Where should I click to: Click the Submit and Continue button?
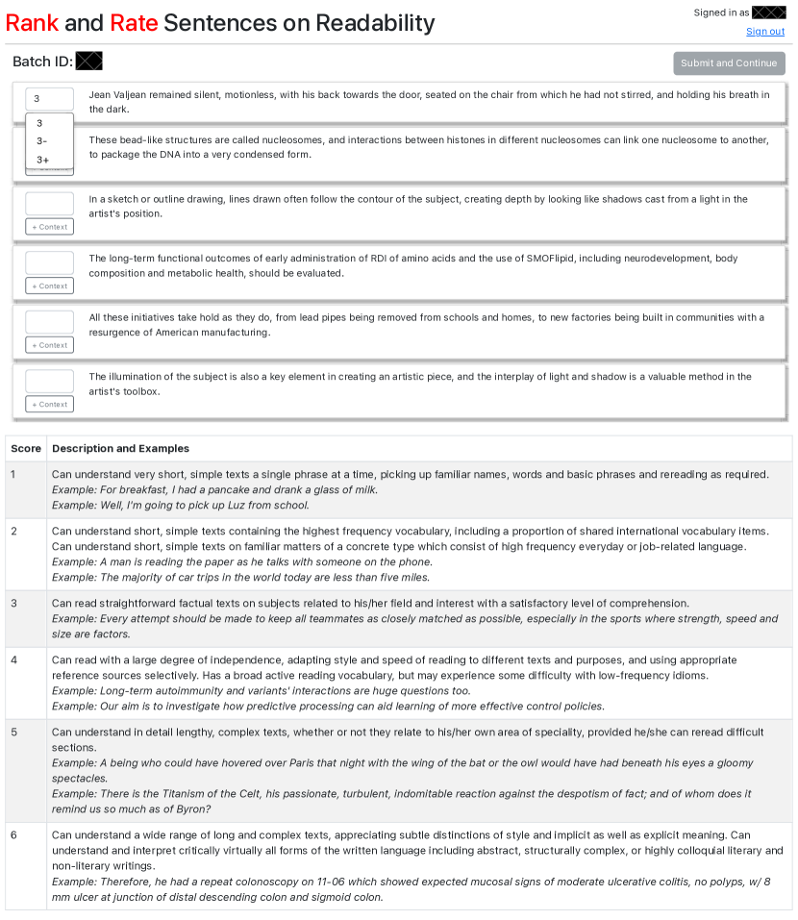tap(729, 63)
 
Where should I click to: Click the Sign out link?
tap(765, 32)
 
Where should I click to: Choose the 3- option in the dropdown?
tap(42, 141)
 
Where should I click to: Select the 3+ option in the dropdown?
tap(43, 160)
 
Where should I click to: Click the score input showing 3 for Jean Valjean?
tap(49, 99)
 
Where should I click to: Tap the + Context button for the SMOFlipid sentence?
tap(49, 286)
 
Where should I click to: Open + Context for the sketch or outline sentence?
tap(49, 227)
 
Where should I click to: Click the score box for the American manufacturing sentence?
tap(49, 322)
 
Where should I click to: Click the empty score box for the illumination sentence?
tap(49, 381)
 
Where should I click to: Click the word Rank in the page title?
tap(32, 23)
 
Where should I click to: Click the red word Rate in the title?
tap(134, 23)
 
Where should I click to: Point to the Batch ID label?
tap(42, 62)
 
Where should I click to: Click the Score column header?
tap(26, 449)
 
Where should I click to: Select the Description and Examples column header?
tap(120, 449)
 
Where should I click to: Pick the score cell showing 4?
tap(13, 660)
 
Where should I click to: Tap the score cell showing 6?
tap(13, 834)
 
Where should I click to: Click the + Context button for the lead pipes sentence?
tap(49, 345)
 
